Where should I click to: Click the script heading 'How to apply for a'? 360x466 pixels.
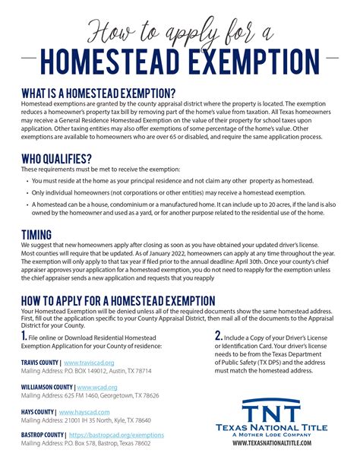(x=180, y=33)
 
